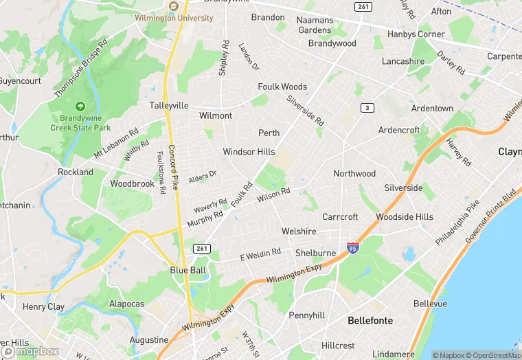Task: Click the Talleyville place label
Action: tap(169, 106)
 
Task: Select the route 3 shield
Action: tap(368, 107)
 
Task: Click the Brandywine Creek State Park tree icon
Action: tap(80, 106)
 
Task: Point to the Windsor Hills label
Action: tap(249, 152)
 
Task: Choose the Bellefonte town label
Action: tap(370, 320)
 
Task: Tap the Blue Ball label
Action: tap(188, 271)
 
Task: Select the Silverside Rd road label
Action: tap(306, 109)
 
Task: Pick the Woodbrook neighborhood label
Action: tap(133, 184)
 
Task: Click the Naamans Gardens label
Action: tap(315, 25)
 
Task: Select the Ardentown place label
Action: tap(432, 109)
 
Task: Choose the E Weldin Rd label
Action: tap(260, 255)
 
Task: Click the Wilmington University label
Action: tap(174, 18)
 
